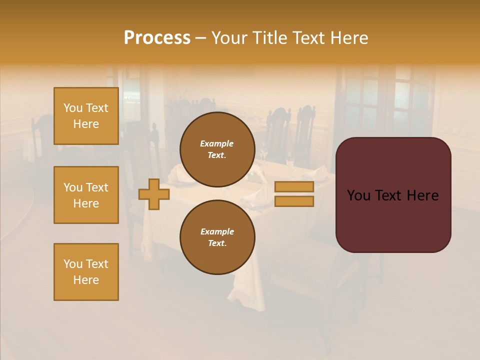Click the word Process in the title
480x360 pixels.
(x=157, y=38)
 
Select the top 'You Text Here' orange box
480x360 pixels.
(x=86, y=116)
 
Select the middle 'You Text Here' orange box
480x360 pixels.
(x=86, y=195)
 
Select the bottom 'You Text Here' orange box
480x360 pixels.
(x=86, y=272)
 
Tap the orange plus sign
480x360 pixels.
(x=154, y=194)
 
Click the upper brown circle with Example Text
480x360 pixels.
(x=217, y=149)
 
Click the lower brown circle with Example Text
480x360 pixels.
(x=217, y=237)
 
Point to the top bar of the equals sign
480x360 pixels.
(x=294, y=186)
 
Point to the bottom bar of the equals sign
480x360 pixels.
(x=294, y=201)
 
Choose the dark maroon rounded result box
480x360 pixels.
(x=393, y=220)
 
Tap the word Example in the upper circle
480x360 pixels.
(x=217, y=143)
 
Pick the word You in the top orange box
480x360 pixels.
(x=73, y=108)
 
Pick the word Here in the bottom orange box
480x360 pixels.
(x=86, y=280)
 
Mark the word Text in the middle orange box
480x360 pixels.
(x=97, y=187)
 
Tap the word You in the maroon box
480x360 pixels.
(x=358, y=195)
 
